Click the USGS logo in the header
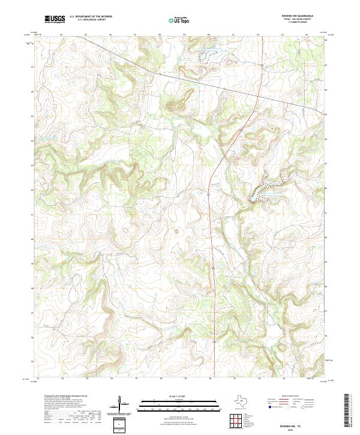[55, 18]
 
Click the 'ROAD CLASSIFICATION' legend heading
[292, 397]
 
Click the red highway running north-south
[212, 240]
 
